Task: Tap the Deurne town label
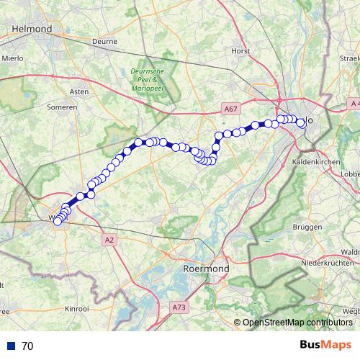[x=104, y=42]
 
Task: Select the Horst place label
[x=240, y=51]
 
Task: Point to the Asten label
[x=78, y=92]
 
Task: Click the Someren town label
[x=63, y=107]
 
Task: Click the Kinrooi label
[x=77, y=307]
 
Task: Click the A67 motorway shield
[x=230, y=109]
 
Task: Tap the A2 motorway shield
[x=109, y=240]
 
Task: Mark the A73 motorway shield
[x=179, y=307]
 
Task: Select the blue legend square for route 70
[x=12, y=346]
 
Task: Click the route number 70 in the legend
[x=28, y=346]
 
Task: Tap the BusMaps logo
[x=325, y=345]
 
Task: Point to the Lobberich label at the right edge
[x=351, y=174]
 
